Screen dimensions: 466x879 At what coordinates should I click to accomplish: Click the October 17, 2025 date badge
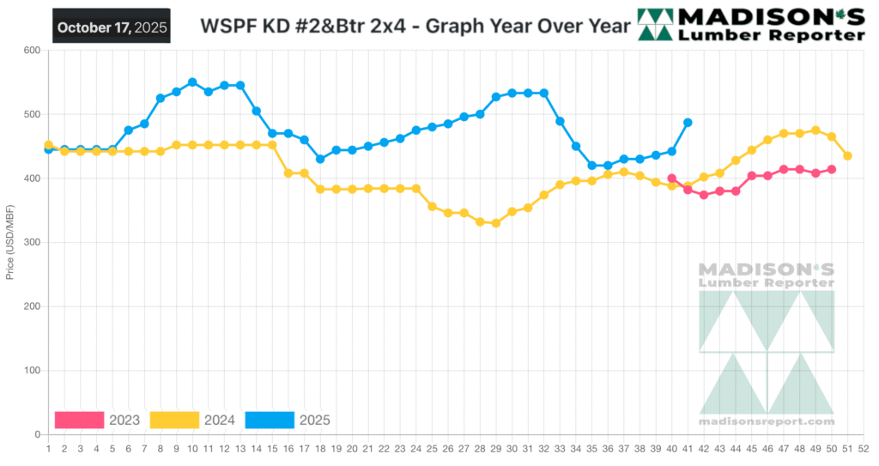[x=111, y=26]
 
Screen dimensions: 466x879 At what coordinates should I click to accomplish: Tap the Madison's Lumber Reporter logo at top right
[x=752, y=25]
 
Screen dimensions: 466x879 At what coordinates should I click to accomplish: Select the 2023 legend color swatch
[x=79, y=420]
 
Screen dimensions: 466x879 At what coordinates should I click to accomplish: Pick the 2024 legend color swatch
[x=174, y=420]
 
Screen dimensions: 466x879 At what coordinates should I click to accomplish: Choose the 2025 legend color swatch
[x=270, y=420]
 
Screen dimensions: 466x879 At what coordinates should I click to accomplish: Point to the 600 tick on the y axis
[x=32, y=51]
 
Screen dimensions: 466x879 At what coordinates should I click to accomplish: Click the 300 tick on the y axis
[x=32, y=243]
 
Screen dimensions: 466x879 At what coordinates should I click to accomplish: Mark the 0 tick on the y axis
[x=38, y=435]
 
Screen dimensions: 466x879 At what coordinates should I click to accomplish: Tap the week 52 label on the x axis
[x=864, y=448]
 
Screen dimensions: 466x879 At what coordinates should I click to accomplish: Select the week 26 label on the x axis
[x=448, y=448]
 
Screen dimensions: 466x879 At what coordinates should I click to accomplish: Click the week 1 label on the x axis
[x=48, y=448]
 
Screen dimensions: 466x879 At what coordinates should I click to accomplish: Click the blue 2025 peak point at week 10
[x=192, y=82]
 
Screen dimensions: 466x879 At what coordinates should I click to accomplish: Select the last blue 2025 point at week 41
[x=688, y=123]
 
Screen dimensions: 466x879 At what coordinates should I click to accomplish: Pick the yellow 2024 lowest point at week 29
[x=495, y=223]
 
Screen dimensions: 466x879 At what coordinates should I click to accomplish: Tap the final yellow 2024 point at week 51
[x=847, y=155]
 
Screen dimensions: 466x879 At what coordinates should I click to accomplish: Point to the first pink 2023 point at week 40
[x=671, y=179]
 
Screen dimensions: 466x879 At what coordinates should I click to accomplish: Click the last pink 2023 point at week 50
[x=831, y=169]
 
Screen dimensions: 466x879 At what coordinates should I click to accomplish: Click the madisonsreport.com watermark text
[x=767, y=421]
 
